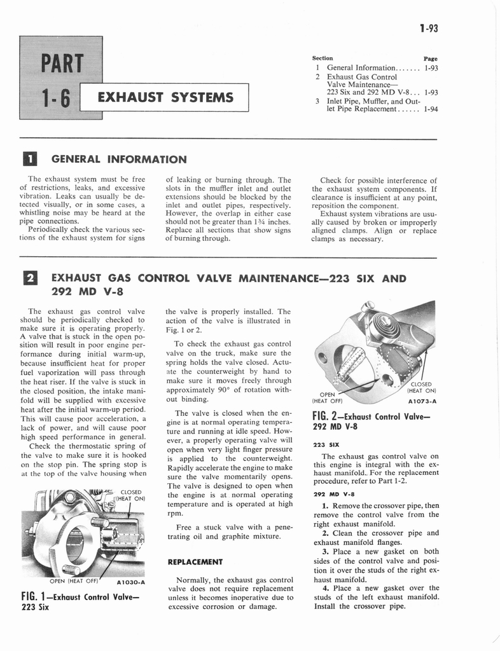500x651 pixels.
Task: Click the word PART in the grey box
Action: [61, 64]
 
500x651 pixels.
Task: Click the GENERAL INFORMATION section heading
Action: [118, 159]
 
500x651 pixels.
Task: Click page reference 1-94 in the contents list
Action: [429, 109]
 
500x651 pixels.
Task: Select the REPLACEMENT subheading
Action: [195, 562]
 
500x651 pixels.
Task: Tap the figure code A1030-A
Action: [131, 582]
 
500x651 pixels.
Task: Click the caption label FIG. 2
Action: [327, 417]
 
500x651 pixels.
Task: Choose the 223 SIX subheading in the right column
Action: [325, 445]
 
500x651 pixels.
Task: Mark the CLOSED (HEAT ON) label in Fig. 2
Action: [421, 387]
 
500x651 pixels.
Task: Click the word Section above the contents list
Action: [323, 58]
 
